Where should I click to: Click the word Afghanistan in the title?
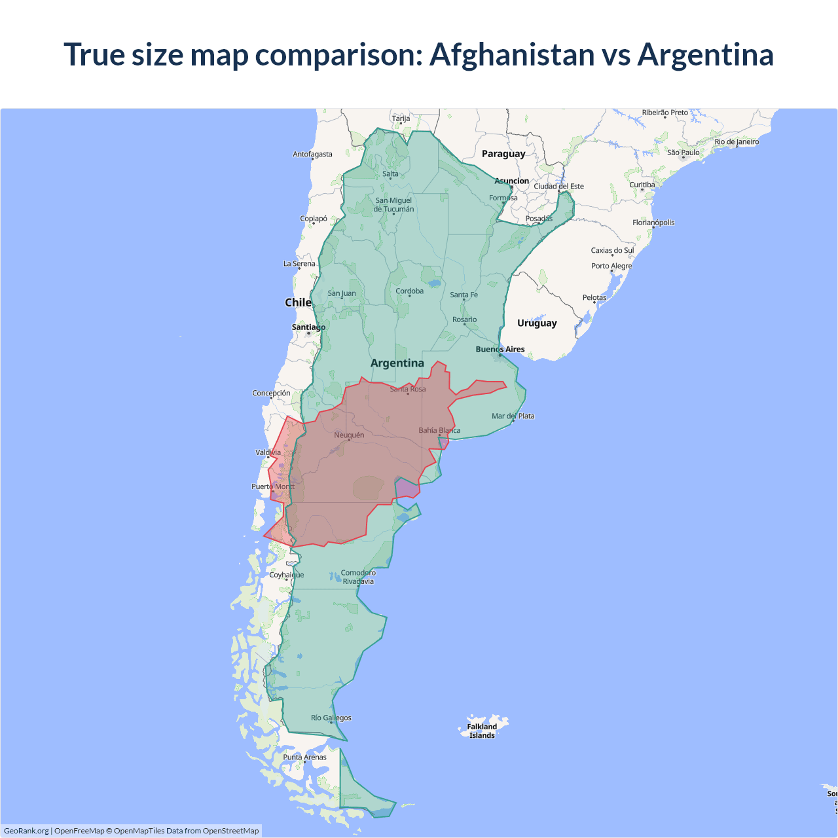(511, 54)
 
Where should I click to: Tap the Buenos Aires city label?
(500, 349)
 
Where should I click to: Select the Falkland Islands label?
(482, 731)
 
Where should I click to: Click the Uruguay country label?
(537, 323)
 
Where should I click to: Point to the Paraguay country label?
(503, 154)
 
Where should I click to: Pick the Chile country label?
(298, 302)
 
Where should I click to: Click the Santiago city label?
(308, 327)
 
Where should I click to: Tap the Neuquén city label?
(349, 435)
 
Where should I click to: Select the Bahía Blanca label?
(439, 430)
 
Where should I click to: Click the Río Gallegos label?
(331, 718)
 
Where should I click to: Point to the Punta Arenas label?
(304, 757)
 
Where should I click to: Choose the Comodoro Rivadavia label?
(358, 577)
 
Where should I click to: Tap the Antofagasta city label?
(312, 155)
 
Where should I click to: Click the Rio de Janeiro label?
(737, 141)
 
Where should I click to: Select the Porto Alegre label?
(611, 266)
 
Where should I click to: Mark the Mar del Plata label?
(513, 416)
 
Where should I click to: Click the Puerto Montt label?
(273, 486)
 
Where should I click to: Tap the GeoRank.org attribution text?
(26, 831)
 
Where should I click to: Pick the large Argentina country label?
(397, 363)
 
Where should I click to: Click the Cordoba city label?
(409, 291)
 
